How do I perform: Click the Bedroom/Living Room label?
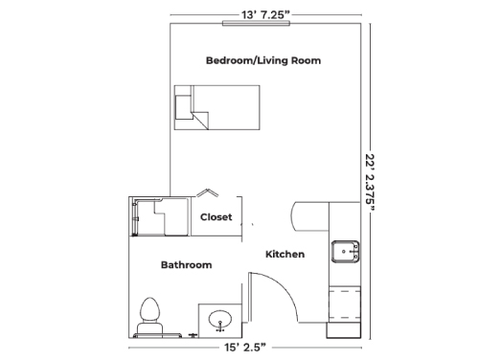pyautogui.click(x=263, y=60)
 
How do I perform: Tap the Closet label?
pyautogui.click(x=216, y=217)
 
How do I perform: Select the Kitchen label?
pyautogui.click(x=285, y=255)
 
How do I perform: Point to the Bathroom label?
pyautogui.click(x=186, y=265)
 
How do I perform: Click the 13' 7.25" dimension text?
pyautogui.click(x=265, y=14)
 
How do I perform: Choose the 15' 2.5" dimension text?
pyautogui.click(x=245, y=348)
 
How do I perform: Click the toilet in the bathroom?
pyautogui.click(x=149, y=316)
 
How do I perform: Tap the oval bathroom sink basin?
pyautogui.click(x=219, y=320)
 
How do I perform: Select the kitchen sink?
pyautogui.click(x=345, y=252)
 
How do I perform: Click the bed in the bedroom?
pyautogui.click(x=216, y=107)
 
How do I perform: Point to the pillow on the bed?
pyautogui.click(x=184, y=107)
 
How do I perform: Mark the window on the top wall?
pyautogui.click(x=257, y=23)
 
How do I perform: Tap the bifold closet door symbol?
pyautogui.click(x=207, y=192)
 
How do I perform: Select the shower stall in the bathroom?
pyautogui.click(x=160, y=216)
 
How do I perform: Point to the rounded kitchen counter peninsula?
pyautogui.click(x=310, y=216)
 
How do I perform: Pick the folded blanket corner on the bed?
pyautogui.click(x=200, y=121)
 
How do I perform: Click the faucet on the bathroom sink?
pyautogui.click(x=220, y=326)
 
